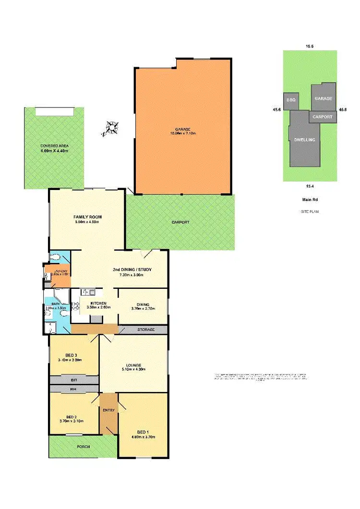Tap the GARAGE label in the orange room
pos(183,130)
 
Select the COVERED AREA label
pos(54,145)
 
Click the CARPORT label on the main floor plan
pos(180,223)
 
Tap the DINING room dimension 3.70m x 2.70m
pos(143,309)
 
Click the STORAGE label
pos(145,330)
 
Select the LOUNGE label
pos(133,365)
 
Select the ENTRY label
pos(108,410)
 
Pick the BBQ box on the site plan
pos(290,101)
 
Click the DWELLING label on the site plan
pos(304,140)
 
